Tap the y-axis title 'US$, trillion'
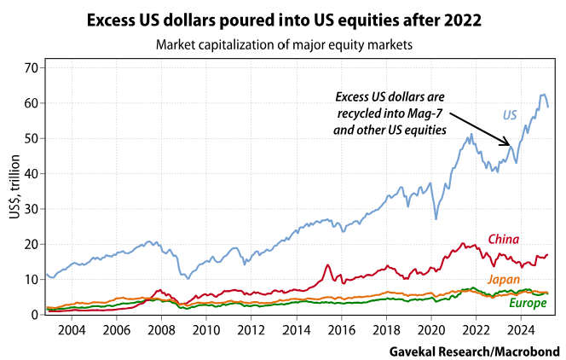(15, 189)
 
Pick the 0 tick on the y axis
(35, 315)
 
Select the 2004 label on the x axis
(71, 329)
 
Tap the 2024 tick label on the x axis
(521, 329)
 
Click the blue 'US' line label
(509, 114)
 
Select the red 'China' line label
(503, 239)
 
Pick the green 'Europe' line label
(528, 303)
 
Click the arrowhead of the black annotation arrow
(510, 145)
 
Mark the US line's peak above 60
(542, 95)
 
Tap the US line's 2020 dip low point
(436, 218)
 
